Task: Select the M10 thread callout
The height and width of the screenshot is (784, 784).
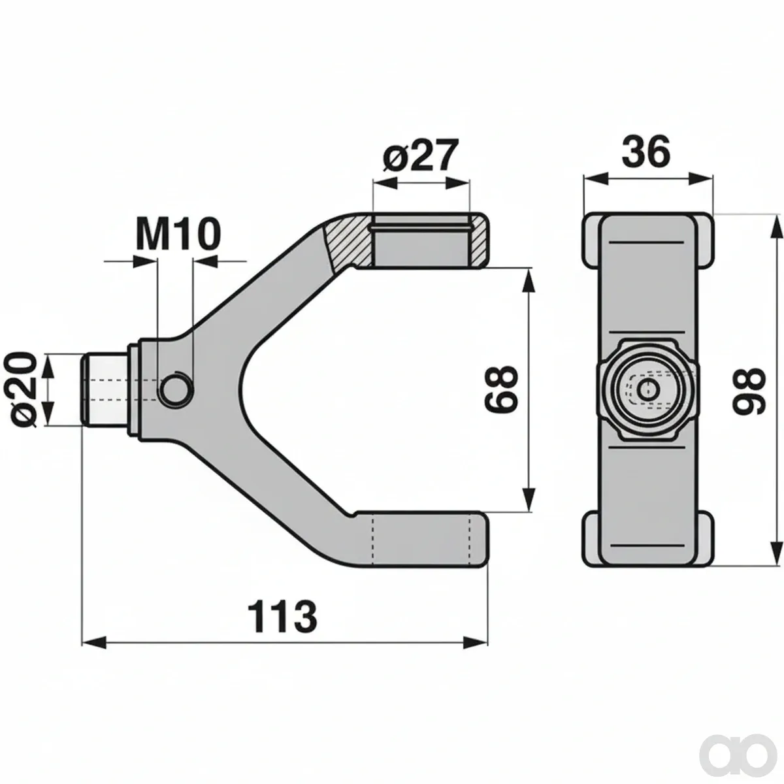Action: pos(178,234)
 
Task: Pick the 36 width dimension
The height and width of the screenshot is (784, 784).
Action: pos(646,152)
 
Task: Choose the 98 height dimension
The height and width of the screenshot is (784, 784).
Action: pos(749,391)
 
